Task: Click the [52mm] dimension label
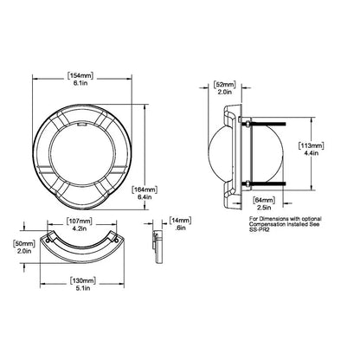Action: pyautogui.click(x=224, y=85)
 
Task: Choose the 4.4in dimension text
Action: pyautogui.click(x=309, y=155)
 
